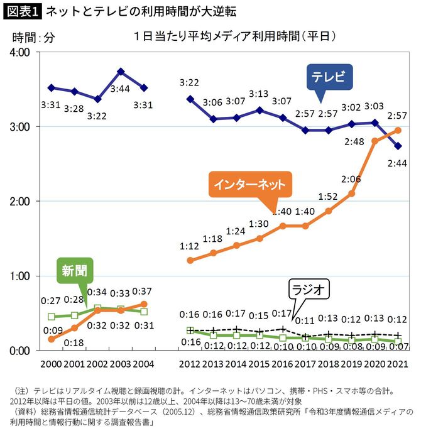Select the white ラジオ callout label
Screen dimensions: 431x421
(309, 290)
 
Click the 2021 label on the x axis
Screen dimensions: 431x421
(397, 364)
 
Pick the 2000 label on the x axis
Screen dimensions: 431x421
(52, 364)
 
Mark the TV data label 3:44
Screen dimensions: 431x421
(121, 90)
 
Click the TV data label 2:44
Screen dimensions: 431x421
(397, 165)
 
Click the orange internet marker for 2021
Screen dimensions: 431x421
(397, 130)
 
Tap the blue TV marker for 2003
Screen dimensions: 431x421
(121, 72)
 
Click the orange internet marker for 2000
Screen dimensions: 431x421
(52, 339)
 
